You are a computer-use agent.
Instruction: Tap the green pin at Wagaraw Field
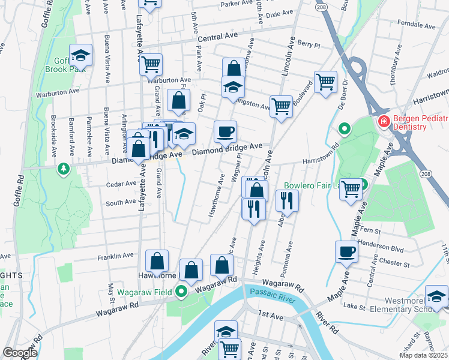tap(182, 292)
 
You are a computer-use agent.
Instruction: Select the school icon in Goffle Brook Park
tap(80, 56)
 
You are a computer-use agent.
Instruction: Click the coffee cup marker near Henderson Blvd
tap(346, 251)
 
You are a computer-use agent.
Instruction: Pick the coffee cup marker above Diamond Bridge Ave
tap(225, 131)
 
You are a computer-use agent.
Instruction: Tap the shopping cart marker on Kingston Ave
tap(281, 107)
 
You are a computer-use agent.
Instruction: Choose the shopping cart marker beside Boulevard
tap(325, 82)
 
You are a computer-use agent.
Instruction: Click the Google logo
tap(20, 353)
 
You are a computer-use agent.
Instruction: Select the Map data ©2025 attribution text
tap(424, 355)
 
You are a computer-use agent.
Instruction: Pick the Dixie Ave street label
tap(280, 13)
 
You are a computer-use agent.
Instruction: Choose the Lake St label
tap(354, 306)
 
